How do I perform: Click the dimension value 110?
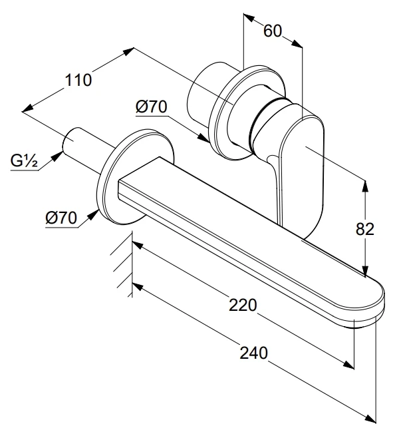78,81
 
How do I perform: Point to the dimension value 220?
242,306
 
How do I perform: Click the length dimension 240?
253,353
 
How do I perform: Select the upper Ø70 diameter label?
151,107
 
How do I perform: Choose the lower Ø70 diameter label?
63,217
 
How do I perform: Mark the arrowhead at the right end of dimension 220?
350,365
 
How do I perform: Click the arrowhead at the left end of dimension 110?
27,108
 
